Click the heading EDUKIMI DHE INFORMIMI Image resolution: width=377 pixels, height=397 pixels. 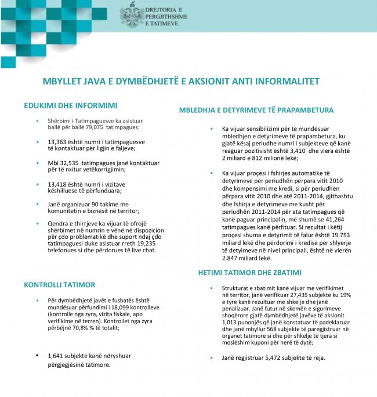coord(71,106)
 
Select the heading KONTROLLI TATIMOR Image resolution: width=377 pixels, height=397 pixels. coord(59,285)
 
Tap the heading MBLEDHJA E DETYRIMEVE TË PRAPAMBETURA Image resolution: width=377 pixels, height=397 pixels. coord(256,110)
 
